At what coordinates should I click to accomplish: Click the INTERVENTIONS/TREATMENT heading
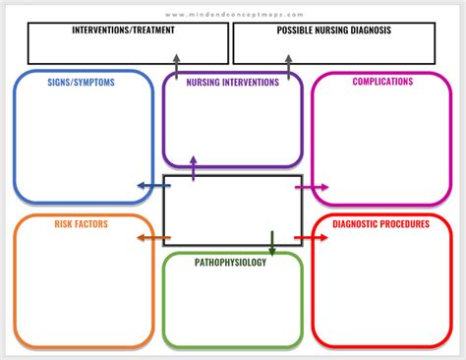(x=124, y=30)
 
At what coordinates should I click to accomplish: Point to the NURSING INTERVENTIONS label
(x=233, y=83)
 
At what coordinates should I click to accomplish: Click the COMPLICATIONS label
(x=382, y=82)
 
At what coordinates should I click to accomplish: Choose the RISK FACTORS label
(x=82, y=224)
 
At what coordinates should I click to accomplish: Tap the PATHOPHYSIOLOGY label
(x=230, y=262)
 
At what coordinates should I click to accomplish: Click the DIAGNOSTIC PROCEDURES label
(x=380, y=224)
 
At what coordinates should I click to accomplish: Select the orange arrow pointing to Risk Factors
(x=150, y=238)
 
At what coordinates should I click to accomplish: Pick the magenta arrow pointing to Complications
(x=312, y=185)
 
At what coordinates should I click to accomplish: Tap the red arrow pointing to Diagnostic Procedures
(x=312, y=238)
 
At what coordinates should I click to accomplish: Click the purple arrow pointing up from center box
(x=193, y=168)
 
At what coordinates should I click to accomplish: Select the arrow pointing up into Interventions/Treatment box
(x=176, y=67)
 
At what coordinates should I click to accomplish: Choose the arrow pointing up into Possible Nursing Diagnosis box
(x=288, y=67)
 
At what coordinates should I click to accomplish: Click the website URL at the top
(x=233, y=15)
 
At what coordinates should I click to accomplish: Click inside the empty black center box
(x=232, y=210)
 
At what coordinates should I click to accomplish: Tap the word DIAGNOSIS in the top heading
(x=364, y=30)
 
